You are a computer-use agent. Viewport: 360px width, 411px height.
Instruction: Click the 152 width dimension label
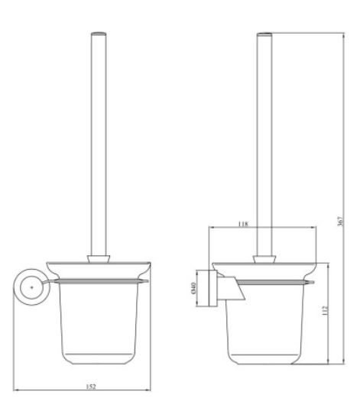(91, 386)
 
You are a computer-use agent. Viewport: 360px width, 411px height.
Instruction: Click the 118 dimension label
(243, 224)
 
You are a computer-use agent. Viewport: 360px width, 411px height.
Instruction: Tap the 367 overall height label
(340, 222)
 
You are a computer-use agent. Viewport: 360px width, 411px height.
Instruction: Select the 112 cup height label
(325, 310)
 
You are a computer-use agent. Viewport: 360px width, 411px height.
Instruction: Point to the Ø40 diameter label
(193, 288)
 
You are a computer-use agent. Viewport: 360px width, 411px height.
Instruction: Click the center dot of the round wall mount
(32, 287)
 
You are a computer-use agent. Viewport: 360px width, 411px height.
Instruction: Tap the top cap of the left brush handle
(99, 34)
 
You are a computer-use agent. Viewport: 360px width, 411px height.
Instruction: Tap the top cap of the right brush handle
(264, 34)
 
